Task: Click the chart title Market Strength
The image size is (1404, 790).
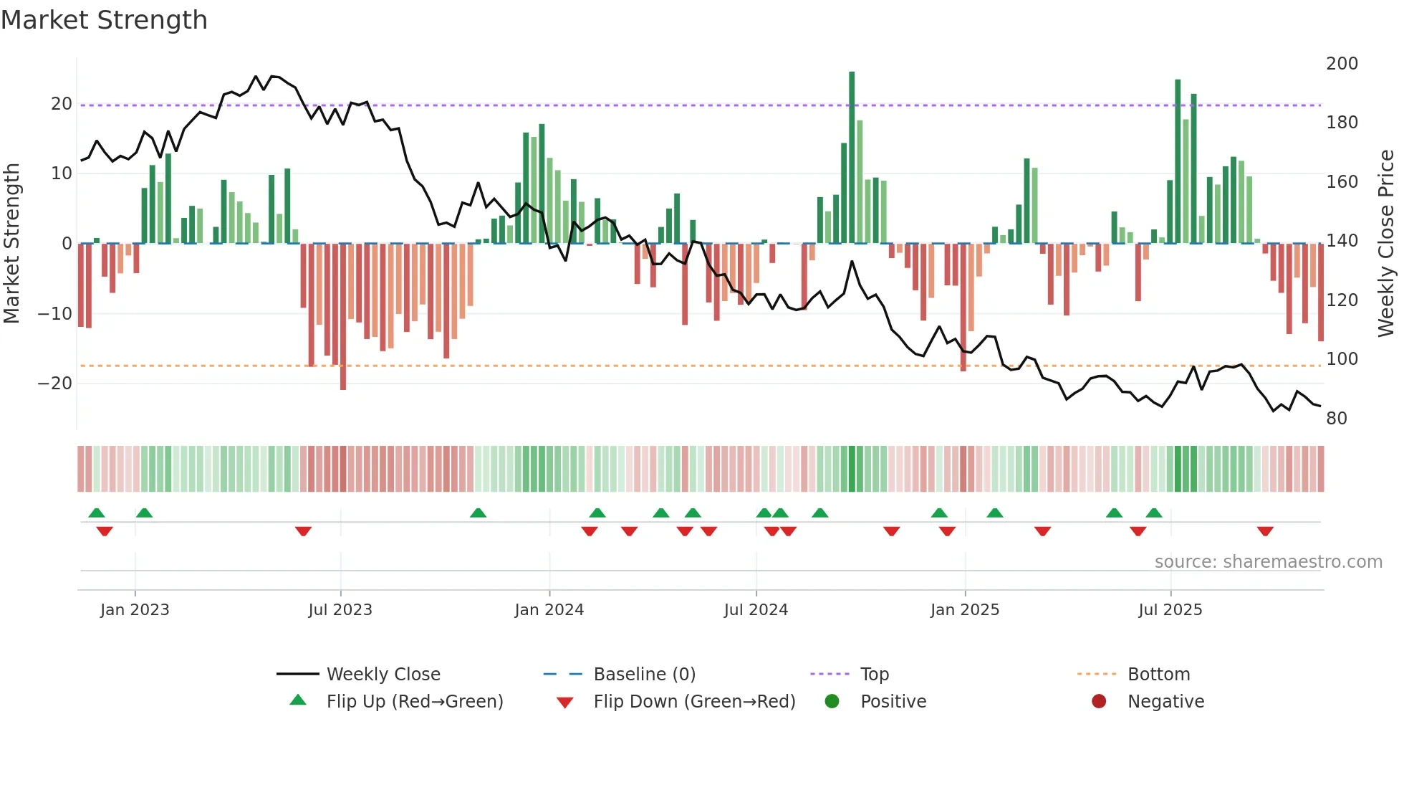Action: (104, 20)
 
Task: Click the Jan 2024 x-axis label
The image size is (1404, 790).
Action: (549, 610)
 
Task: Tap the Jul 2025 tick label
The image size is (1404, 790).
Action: (1170, 610)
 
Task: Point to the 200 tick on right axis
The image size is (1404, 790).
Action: (1341, 64)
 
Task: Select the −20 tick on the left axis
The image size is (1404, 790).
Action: (55, 384)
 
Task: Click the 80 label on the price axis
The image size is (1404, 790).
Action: (1336, 419)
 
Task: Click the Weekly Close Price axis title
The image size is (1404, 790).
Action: (1386, 244)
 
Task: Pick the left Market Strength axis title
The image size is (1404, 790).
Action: (11, 244)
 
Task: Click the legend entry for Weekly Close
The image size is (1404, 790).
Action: (383, 675)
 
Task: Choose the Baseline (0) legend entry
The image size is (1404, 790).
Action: (644, 675)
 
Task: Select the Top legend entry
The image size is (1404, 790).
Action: (874, 675)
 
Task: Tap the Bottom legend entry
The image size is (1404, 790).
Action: (1158, 675)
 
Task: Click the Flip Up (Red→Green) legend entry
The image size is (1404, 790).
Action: (414, 702)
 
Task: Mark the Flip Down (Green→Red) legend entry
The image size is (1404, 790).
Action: (693, 702)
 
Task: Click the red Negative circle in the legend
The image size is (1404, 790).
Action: (1098, 702)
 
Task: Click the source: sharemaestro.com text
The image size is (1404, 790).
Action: (1268, 562)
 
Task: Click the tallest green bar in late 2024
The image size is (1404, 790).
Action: (852, 158)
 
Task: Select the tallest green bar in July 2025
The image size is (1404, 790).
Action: (1178, 161)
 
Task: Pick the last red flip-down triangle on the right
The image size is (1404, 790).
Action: (1265, 531)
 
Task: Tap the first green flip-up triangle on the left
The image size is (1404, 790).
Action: (97, 513)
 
